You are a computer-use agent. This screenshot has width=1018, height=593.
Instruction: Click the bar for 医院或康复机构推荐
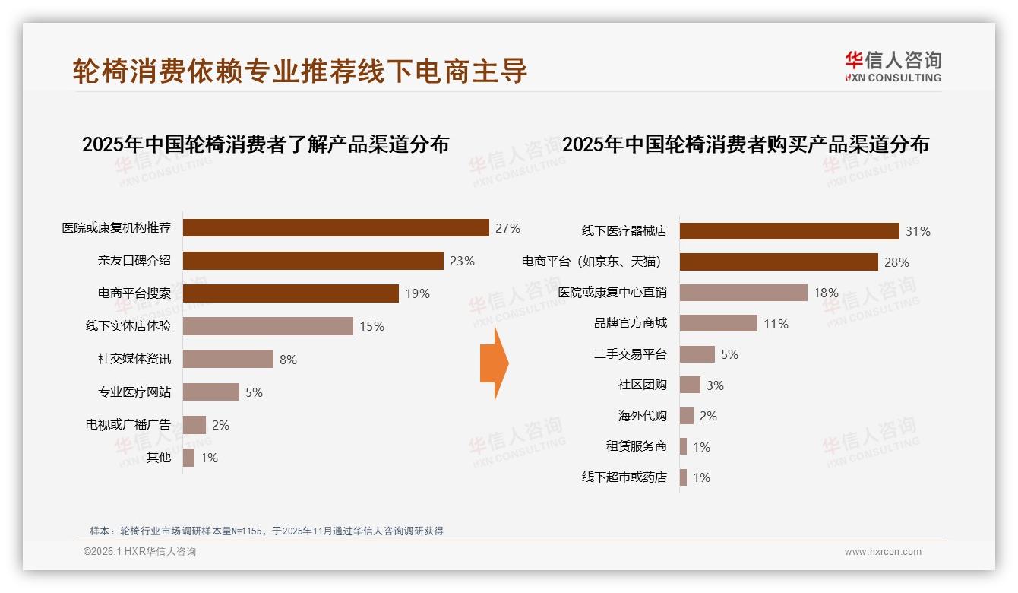tap(336, 227)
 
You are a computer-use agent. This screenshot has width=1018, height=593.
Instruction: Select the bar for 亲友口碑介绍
tap(313, 261)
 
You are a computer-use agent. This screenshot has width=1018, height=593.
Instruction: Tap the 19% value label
tap(417, 293)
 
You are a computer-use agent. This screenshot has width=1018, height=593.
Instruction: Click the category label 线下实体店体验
tap(128, 326)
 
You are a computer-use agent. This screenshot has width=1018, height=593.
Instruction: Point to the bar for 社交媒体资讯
tap(228, 359)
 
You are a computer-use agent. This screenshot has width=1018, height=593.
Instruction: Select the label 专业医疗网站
tap(134, 392)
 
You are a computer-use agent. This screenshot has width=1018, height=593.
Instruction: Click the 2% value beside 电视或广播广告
tap(220, 425)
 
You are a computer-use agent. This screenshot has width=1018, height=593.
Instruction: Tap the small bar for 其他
tap(188, 458)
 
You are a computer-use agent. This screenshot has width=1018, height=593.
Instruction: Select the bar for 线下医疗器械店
tap(789, 231)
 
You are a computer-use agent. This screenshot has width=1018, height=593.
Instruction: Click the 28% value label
tap(896, 262)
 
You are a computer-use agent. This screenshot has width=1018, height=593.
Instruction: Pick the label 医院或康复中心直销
tap(612, 293)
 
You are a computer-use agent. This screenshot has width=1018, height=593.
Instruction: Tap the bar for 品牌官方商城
tap(718, 323)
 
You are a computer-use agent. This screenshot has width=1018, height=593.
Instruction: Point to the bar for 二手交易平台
tap(697, 354)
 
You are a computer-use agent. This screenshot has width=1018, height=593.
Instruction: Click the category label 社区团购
tap(642, 385)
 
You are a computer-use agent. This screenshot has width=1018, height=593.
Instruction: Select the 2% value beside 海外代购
tap(708, 416)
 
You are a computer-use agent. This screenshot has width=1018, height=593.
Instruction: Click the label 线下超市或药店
tap(624, 477)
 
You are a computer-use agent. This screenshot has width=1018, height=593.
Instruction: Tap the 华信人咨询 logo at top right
tap(892, 66)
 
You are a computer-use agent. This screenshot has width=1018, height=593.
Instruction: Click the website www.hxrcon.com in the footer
tap(883, 552)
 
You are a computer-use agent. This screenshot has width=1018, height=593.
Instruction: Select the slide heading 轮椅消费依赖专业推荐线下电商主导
tap(299, 71)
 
